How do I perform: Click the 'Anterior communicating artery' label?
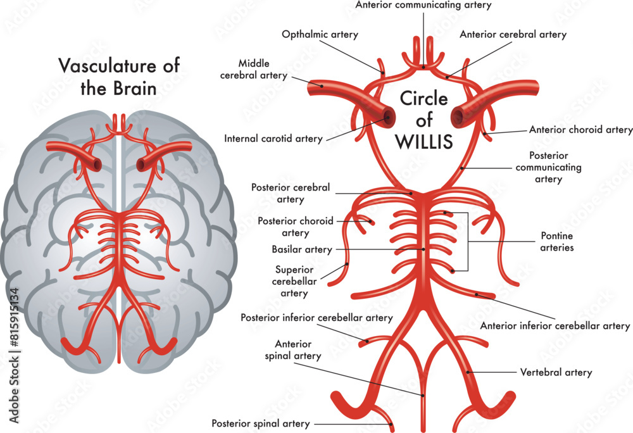pyautogui.click(x=423, y=5)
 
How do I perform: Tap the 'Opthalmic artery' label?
pyautogui.click(x=320, y=35)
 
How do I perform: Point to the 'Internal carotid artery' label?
pyautogui.click(x=273, y=138)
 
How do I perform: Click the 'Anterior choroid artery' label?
pyautogui.click(x=580, y=130)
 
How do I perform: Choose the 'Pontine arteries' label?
pyautogui.click(x=557, y=242)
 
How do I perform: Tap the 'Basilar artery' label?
pyautogui.click(x=302, y=249)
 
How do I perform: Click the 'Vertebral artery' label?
pyautogui.click(x=556, y=372)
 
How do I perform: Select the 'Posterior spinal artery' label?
pyautogui.click(x=261, y=424)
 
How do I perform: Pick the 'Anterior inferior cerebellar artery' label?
pyautogui.click(x=555, y=326)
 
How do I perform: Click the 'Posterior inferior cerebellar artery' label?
pyautogui.click(x=316, y=318)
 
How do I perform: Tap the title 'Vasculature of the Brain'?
pyautogui.click(x=119, y=76)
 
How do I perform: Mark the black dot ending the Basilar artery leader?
pyautogui.click(x=423, y=249)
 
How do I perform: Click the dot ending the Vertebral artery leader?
pyautogui.click(x=468, y=372)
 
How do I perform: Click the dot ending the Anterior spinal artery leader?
pyautogui.click(x=423, y=395)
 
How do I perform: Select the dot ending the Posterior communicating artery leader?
pyautogui.click(x=463, y=168)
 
